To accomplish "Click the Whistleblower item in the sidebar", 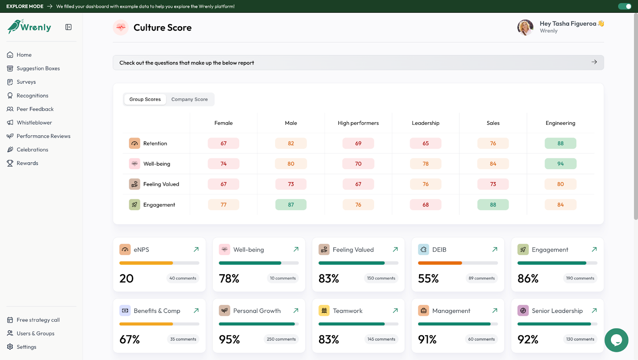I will click(34, 122).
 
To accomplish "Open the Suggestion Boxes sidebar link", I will click(38, 68).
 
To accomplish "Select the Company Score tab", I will click(189, 99).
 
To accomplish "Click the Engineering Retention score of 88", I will click(560, 143).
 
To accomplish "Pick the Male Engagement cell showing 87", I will click(291, 205).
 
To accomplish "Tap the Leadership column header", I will click(425, 123).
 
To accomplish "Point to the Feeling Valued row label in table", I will click(161, 184).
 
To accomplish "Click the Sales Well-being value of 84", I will click(493, 164).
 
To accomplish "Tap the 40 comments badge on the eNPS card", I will click(183, 278).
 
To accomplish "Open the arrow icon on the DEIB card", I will click(494, 249).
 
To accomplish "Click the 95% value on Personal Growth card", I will click(229, 339).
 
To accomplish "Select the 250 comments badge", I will click(281, 339).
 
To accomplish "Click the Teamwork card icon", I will click(324, 311).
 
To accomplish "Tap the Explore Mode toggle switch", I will click(624, 6).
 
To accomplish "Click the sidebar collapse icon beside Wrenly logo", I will click(69, 27).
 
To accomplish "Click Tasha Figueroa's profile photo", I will click(525, 27).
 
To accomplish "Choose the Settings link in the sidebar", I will click(26, 347).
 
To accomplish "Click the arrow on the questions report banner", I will click(594, 62).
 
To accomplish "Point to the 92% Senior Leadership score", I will click(528, 339).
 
